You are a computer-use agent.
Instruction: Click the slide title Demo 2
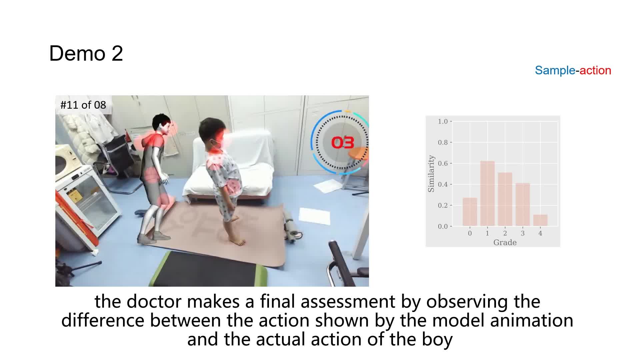tap(86, 53)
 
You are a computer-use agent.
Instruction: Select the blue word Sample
tap(555, 70)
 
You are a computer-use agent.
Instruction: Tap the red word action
tap(595, 70)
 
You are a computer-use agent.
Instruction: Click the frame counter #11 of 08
tap(83, 105)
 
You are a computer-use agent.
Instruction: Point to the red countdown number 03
tap(343, 143)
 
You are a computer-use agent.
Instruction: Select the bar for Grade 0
tap(470, 212)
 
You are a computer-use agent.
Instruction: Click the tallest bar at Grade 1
tap(487, 194)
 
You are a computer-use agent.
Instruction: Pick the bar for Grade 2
tap(505, 199)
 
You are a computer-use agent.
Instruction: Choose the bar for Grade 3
tap(523, 205)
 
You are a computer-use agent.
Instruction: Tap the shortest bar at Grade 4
tap(540, 220)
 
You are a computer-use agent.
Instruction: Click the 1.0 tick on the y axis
tap(443, 121)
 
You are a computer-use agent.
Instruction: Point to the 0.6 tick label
tap(443, 163)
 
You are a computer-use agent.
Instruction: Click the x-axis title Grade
tap(505, 242)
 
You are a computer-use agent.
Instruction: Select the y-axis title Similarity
tap(431, 174)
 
